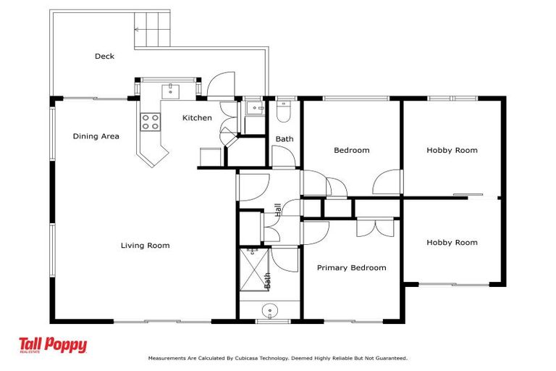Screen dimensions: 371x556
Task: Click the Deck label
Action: coord(104,56)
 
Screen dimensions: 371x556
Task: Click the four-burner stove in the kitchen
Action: coord(150,122)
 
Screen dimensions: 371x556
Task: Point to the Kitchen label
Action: coord(196,118)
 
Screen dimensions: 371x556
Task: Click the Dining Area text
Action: coord(96,136)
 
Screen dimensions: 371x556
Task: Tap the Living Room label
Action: coord(145,246)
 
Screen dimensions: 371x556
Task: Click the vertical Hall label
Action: coord(277,209)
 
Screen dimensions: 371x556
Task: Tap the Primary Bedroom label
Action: coord(351,268)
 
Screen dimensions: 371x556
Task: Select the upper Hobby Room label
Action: coord(452,151)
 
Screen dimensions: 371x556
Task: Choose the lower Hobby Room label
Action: coord(452,243)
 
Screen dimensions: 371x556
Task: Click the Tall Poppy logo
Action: coord(53,346)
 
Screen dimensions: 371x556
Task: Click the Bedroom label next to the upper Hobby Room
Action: coord(351,151)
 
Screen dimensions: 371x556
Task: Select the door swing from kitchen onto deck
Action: coord(219,86)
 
